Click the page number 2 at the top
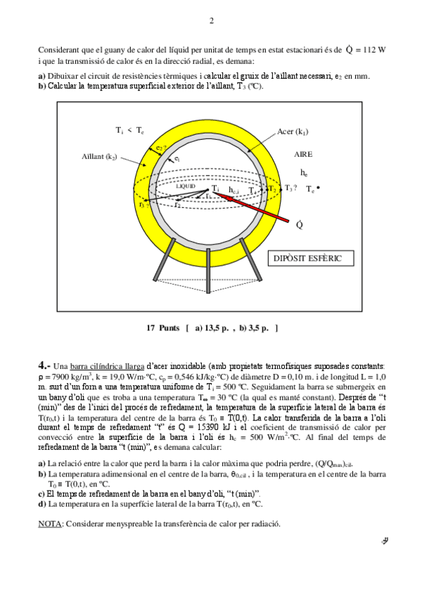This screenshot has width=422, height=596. tap(212, 20)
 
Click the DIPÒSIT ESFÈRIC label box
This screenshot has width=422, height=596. tap(316, 258)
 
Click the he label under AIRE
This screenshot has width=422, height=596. tap(304, 172)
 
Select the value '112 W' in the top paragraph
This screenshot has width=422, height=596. tap(373, 51)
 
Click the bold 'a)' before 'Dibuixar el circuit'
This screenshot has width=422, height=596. tap(41, 77)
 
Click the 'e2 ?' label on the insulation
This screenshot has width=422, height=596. tap(161, 148)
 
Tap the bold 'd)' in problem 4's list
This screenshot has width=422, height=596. tap(41, 503)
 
